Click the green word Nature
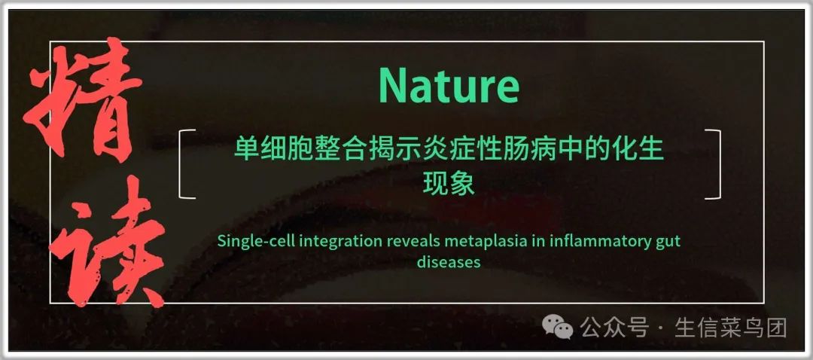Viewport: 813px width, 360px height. coord(449,85)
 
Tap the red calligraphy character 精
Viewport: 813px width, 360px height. coord(83,101)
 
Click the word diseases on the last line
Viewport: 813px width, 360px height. coord(449,262)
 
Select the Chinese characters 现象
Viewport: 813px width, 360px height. coord(449,184)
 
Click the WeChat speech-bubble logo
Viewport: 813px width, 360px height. coord(557,328)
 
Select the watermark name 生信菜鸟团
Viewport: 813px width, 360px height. coord(730,328)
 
